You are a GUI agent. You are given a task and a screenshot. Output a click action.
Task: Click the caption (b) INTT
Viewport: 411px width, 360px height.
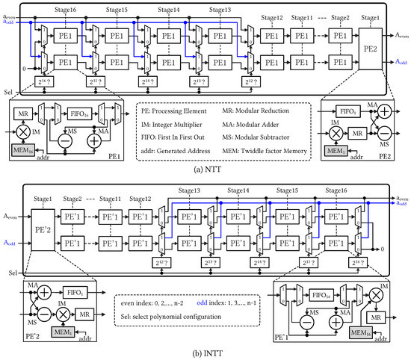(x=205, y=352)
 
